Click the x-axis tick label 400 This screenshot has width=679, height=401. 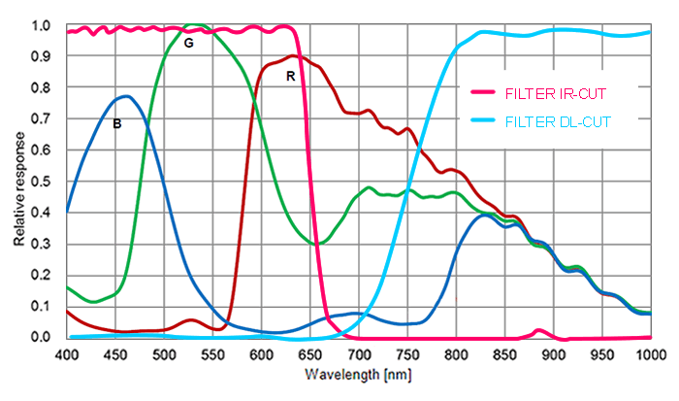pos(67,354)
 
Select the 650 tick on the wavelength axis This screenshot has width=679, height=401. pos(310,354)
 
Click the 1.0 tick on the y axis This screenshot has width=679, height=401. pos(41,26)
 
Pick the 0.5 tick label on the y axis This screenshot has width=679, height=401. pos(41,182)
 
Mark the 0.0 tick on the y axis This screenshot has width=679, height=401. pos(41,337)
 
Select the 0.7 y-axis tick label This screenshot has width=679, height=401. pos(41,119)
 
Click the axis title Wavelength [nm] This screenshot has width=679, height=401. pos(358,375)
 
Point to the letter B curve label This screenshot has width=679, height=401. pos(116,123)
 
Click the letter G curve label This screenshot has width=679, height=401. pos(188,43)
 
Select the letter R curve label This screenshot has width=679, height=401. pos(290,75)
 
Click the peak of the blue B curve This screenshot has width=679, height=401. pos(126,96)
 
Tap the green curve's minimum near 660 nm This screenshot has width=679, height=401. pos(319,244)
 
